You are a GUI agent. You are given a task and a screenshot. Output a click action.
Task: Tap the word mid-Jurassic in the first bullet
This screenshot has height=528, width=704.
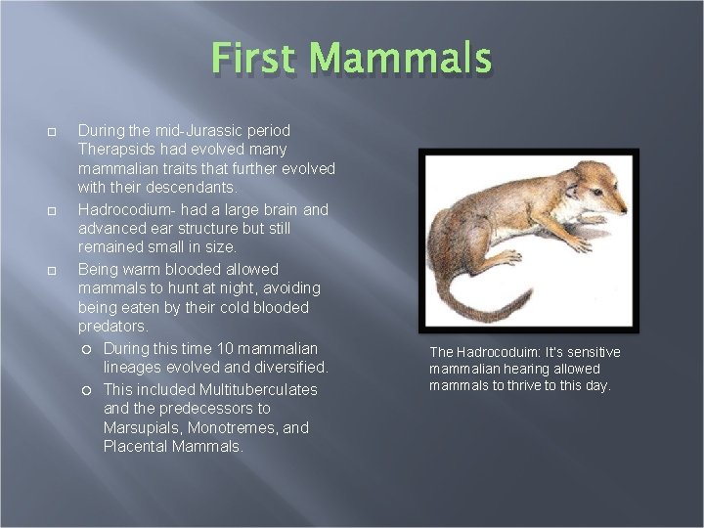pyautogui.click(x=188, y=129)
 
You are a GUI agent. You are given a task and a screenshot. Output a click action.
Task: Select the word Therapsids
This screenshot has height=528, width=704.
pyautogui.click(x=118, y=149)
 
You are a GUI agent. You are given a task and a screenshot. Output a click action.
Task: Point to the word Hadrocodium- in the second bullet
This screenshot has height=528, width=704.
pyautogui.click(x=124, y=209)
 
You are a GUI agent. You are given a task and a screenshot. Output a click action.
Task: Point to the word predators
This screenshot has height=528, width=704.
pyautogui.click(x=113, y=327)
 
